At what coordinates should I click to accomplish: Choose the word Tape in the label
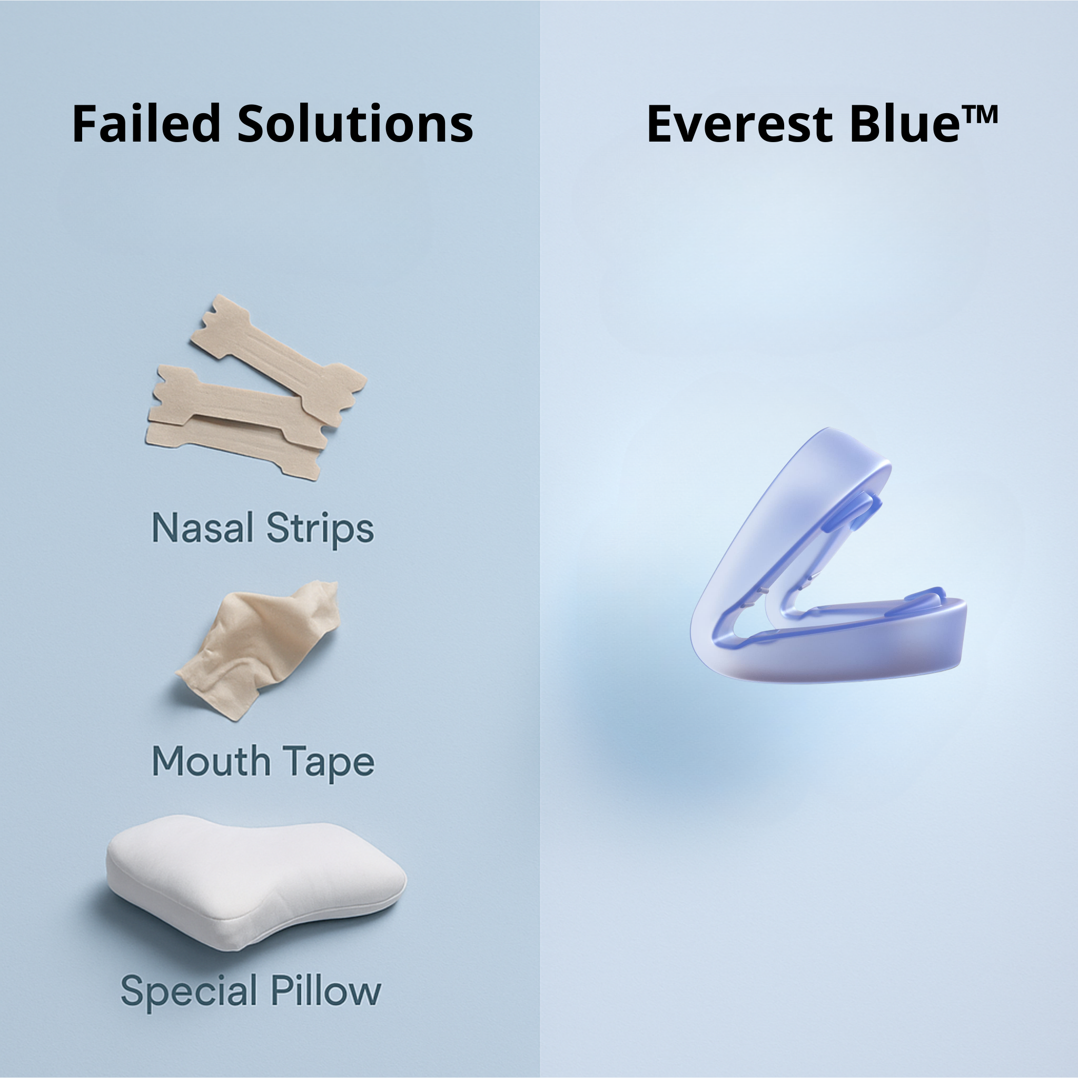tap(327, 763)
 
